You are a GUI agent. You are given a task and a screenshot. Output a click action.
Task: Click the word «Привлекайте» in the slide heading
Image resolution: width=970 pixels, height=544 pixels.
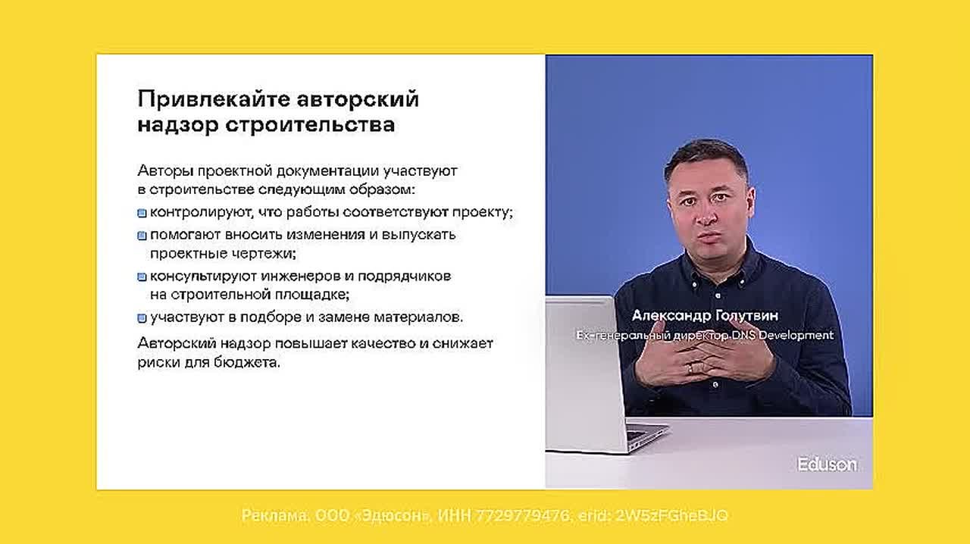[x=214, y=99]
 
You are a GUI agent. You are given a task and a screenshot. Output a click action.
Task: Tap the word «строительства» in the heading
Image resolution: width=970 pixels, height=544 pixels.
[x=310, y=125]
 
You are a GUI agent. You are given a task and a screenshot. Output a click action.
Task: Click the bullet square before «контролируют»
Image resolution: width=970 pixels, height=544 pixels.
[x=142, y=213]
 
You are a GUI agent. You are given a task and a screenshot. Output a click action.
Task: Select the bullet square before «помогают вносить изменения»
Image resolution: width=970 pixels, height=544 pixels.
[x=142, y=236]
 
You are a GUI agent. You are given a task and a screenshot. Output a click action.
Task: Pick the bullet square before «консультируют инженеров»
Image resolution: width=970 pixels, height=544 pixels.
[x=142, y=277]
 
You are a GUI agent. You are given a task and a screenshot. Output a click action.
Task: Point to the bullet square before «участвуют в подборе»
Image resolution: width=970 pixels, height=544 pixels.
[x=142, y=318]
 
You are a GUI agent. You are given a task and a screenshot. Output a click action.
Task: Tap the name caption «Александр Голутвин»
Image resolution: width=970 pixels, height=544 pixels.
[x=705, y=316]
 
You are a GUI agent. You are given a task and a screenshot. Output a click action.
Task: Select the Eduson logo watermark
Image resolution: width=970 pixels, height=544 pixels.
[x=827, y=464]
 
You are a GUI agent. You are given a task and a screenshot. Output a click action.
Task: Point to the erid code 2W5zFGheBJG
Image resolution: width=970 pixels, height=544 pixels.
[x=671, y=515]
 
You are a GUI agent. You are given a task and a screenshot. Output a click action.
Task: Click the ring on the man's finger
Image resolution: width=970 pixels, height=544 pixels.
[x=690, y=369]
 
